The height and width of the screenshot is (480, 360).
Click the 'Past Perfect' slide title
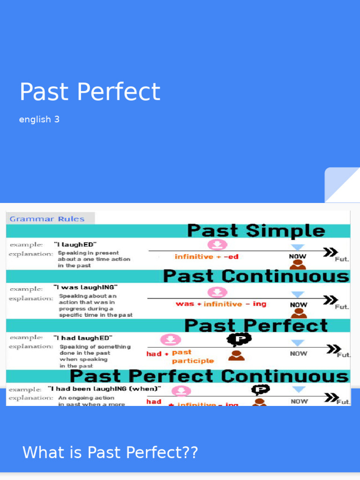click(x=90, y=92)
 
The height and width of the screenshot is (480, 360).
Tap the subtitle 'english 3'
click(x=39, y=119)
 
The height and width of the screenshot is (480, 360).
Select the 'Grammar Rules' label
click(x=47, y=219)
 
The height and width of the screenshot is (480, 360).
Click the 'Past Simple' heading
click(x=256, y=231)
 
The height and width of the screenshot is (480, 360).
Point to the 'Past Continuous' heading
click(x=256, y=276)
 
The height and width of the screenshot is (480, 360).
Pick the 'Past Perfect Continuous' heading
click(x=209, y=376)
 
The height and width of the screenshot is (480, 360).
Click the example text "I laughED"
click(x=75, y=244)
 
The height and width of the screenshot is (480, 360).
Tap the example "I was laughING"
click(x=85, y=287)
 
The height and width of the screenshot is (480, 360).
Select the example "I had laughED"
click(x=83, y=337)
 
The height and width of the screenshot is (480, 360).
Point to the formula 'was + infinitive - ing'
click(x=221, y=304)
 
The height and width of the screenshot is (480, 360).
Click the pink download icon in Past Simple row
click(x=217, y=244)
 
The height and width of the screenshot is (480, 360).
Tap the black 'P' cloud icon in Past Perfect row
click(x=239, y=339)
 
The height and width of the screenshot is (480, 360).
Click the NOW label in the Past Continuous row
click(x=298, y=304)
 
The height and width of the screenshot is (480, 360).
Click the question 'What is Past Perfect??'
click(x=110, y=453)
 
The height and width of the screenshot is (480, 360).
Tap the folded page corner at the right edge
click(x=342, y=185)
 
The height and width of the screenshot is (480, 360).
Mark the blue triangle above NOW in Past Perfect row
click(x=298, y=343)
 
